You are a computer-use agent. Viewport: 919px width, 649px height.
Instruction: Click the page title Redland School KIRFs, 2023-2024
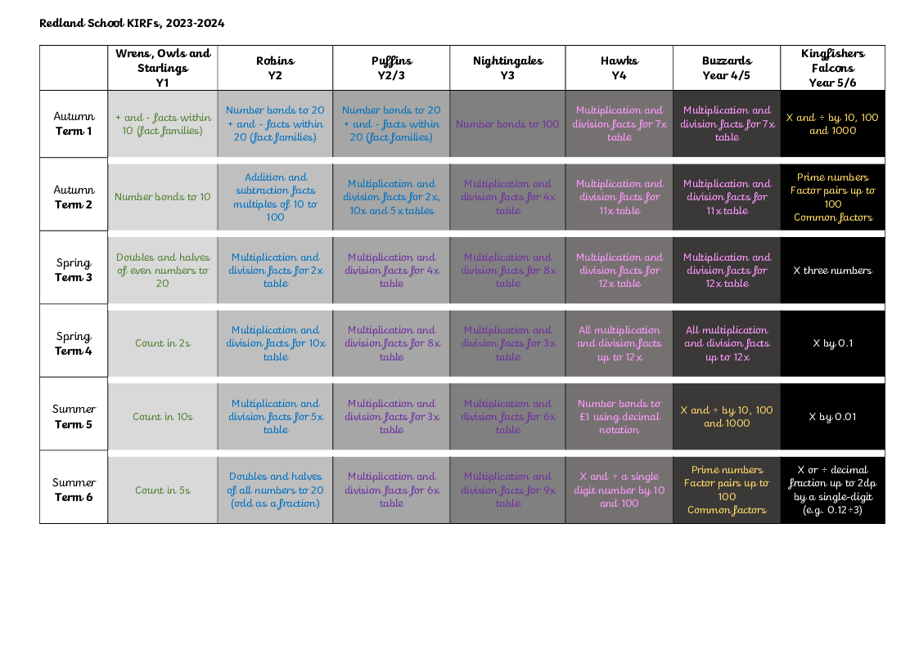pyautogui.click(x=132, y=23)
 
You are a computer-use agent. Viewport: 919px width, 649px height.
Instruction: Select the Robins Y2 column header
pyautogui.click(x=275, y=68)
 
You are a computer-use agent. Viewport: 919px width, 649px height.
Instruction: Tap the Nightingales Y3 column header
pyautogui.click(x=507, y=68)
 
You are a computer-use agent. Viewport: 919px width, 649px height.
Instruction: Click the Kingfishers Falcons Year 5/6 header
pyautogui.click(x=832, y=68)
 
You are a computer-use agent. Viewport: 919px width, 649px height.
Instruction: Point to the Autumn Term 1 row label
pyautogui.click(x=74, y=123)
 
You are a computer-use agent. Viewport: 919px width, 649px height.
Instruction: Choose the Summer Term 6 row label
pyautogui.click(x=74, y=490)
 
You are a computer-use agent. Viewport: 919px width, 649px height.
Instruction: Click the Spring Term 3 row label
pyautogui.click(x=74, y=270)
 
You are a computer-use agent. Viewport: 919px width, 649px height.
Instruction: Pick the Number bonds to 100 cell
pyautogui.click(x=507, y=124)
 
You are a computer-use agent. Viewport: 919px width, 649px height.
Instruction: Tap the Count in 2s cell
pyautogui.click(x=163, y=343)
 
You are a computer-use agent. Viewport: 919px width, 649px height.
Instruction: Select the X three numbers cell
pyautogui.click(x=832, y=271)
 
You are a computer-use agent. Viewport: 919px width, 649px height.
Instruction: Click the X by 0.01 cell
pyautogui.click(x=832, y=417)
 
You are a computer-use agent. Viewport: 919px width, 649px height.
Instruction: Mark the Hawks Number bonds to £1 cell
pyautogui.click(x=619, y=417)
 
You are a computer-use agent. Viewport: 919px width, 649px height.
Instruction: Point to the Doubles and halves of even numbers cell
pyautogui.click(x=163, y=271)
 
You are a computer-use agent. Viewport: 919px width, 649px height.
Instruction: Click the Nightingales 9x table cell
pyautogui.click(x=507, y=490)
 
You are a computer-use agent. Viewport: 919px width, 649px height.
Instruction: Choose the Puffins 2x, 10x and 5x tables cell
pyautogui.click(x=391, y=197)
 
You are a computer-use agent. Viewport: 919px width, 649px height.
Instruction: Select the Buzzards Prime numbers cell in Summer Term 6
pyautogui.click(x=727, y=490)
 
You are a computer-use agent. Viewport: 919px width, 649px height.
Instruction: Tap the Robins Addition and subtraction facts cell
pyautogui.click(x=275, y=197)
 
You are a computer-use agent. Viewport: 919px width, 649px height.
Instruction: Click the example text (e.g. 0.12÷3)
pyautogui.click(x=832, y=510)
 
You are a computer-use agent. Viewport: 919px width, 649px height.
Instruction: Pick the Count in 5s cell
pyautogui.click(x=163, y=490)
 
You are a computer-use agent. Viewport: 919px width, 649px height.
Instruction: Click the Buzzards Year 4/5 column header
pyautogui.click(x=727, y=68)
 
